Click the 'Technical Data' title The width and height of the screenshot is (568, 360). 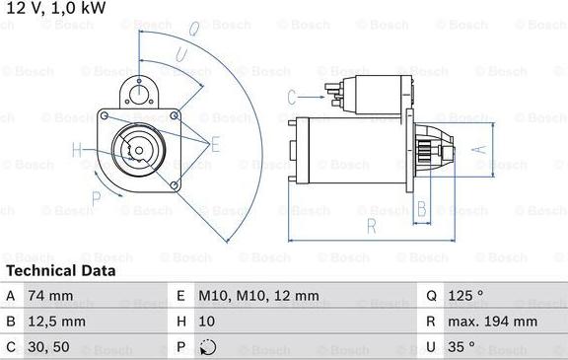coord(60,270)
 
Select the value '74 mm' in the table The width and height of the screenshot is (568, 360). coord(49,295)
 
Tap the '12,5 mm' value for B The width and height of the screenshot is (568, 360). coord(57,321)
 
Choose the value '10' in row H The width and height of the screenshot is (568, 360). coord(208,321)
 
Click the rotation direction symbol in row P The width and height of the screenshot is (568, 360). coord(207,346)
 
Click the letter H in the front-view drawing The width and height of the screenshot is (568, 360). coord(77,150)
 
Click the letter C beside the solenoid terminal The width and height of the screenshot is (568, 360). coord(292,96)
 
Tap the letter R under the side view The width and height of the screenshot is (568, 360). coord(371,226)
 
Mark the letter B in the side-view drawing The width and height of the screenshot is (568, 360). coord(421,207)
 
